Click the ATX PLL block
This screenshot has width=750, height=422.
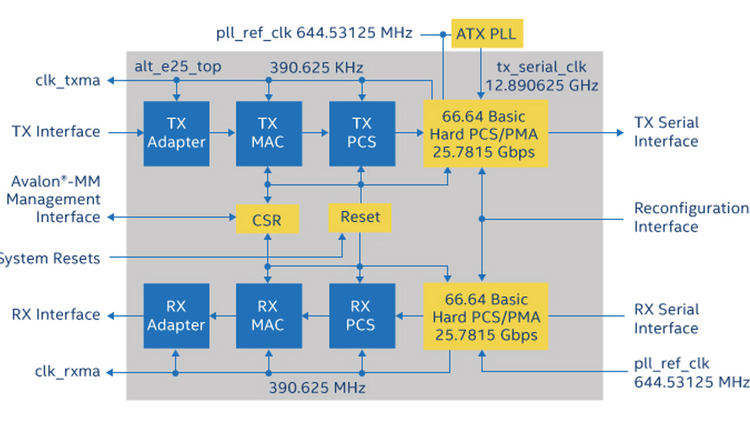pyautogui.click(x=487, y=34)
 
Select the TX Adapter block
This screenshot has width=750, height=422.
pyautogui.click(x=177, y=134)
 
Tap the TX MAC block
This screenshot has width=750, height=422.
pyautogui.click(x=269, y=134)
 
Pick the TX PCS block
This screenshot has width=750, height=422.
pyautogui.click(x=362, y=134)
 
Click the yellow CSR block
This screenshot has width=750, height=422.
pyautogui.click(x=268, y=219)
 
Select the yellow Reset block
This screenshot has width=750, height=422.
pyautogui.click(x=360, y=217)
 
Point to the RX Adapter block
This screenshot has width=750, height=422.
pyautogui.click(x=177, y=316)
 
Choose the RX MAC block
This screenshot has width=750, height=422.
pyautogui.click(x=269, y=316)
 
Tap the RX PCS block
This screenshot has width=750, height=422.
pyautogui.click(x=362, y=316)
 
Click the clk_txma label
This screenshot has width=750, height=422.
pyautogui.click(x=68, y=80)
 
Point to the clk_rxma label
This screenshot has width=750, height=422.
pyautogui.click(x=68, y=371)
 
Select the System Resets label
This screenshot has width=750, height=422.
pyautogui.click(x=50, y=258)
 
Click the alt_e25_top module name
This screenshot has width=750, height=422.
pyautogui.click(x=178, y=67)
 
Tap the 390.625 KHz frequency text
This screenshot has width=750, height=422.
pyautogui.click(x=317, y=68)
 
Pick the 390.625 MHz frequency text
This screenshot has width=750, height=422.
pyautogui.click(x=317, y=388)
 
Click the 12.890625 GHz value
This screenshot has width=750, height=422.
pyautogui.click(x=542, y=85)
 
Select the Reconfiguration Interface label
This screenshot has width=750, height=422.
pyautogui.click(x=691, y=217)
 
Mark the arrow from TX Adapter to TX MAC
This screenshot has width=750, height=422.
pyautogui.click(x=222, y=133)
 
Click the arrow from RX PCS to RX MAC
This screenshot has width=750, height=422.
pyautogui.click(x=316, y=316)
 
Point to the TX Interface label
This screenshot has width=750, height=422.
pyautogui.click(x=56, y=132)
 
